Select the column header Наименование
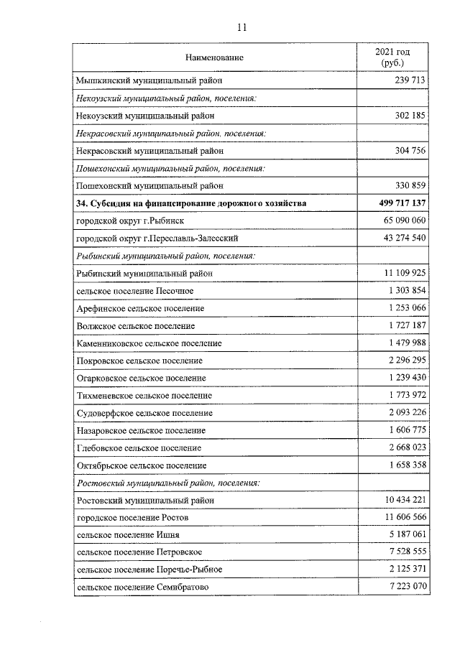[214, 57]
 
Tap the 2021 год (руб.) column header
[392, 57]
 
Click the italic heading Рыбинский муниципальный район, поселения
[166, 256]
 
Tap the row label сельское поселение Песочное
[134, 290]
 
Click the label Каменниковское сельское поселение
[149, 343]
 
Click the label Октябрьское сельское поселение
[139, 465]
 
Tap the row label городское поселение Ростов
[132, 517]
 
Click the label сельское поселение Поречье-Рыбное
[149, 570]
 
